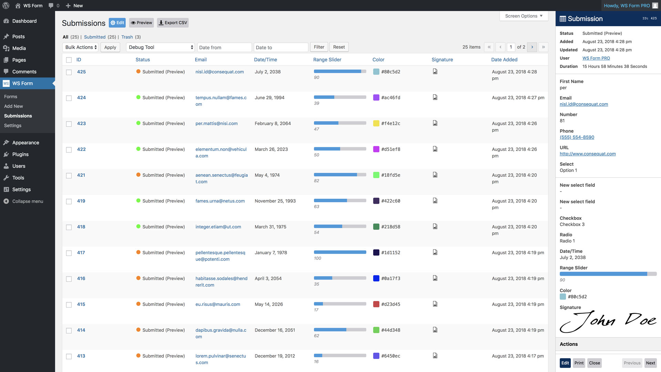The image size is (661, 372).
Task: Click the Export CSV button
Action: [x=173, y=23]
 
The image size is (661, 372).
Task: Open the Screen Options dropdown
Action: [x=524, y=16]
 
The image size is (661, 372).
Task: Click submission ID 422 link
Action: [x=81, y=149]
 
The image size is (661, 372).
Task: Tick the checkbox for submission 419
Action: [x=69, y=201]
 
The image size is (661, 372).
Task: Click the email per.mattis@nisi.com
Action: [x=217, y=123]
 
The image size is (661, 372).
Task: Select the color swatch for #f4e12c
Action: [x=376, y=123]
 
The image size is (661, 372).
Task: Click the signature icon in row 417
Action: [x=435, y=252]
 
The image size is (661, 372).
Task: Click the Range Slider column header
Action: [x=327, y=60]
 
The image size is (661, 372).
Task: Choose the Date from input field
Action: [x=224, y=47]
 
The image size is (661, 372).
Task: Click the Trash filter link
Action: [x=127, y=37]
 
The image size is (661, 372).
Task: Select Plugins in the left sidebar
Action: [x=20, y=154]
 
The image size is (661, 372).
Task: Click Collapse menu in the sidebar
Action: [x=28, y=201]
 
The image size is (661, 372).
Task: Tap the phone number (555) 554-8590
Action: [x=577, y=137]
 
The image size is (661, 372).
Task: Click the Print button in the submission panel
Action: [x=579, y=363]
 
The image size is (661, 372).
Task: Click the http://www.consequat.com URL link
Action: [x=588, y=154]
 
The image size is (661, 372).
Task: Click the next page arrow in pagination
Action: [x=532, y=47]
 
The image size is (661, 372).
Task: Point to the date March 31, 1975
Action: [x=271, y=227]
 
